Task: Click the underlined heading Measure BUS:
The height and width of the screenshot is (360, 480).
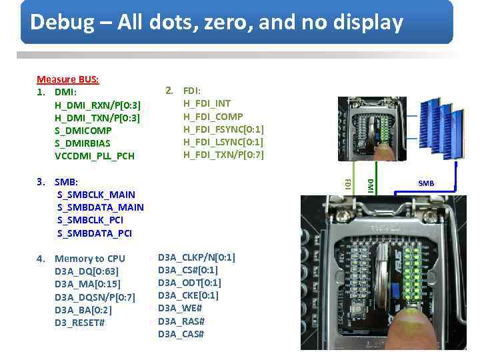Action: (68, 79)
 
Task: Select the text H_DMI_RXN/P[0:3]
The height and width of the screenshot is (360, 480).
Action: (97, 105)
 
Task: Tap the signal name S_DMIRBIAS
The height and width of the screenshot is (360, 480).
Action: (82, 143)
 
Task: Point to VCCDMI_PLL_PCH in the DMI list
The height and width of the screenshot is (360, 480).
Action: (94, 156)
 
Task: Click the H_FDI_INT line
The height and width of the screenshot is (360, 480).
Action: (207, 103)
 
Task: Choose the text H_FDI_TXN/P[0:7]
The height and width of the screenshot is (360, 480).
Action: (223, 155)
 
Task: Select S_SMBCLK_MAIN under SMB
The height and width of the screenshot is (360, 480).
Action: (96, 195)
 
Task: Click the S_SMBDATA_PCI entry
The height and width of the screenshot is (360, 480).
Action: (95, 233)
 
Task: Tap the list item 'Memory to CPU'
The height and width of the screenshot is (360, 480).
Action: (90, 259)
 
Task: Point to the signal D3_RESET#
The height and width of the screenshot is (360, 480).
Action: (79, 323)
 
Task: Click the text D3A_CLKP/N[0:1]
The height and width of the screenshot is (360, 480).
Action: (196, 257)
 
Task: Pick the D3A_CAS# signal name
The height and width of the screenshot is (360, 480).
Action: (181, 333)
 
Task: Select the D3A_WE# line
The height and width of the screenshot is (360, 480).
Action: (179, 308)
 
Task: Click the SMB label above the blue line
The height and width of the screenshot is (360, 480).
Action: (426, 183)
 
